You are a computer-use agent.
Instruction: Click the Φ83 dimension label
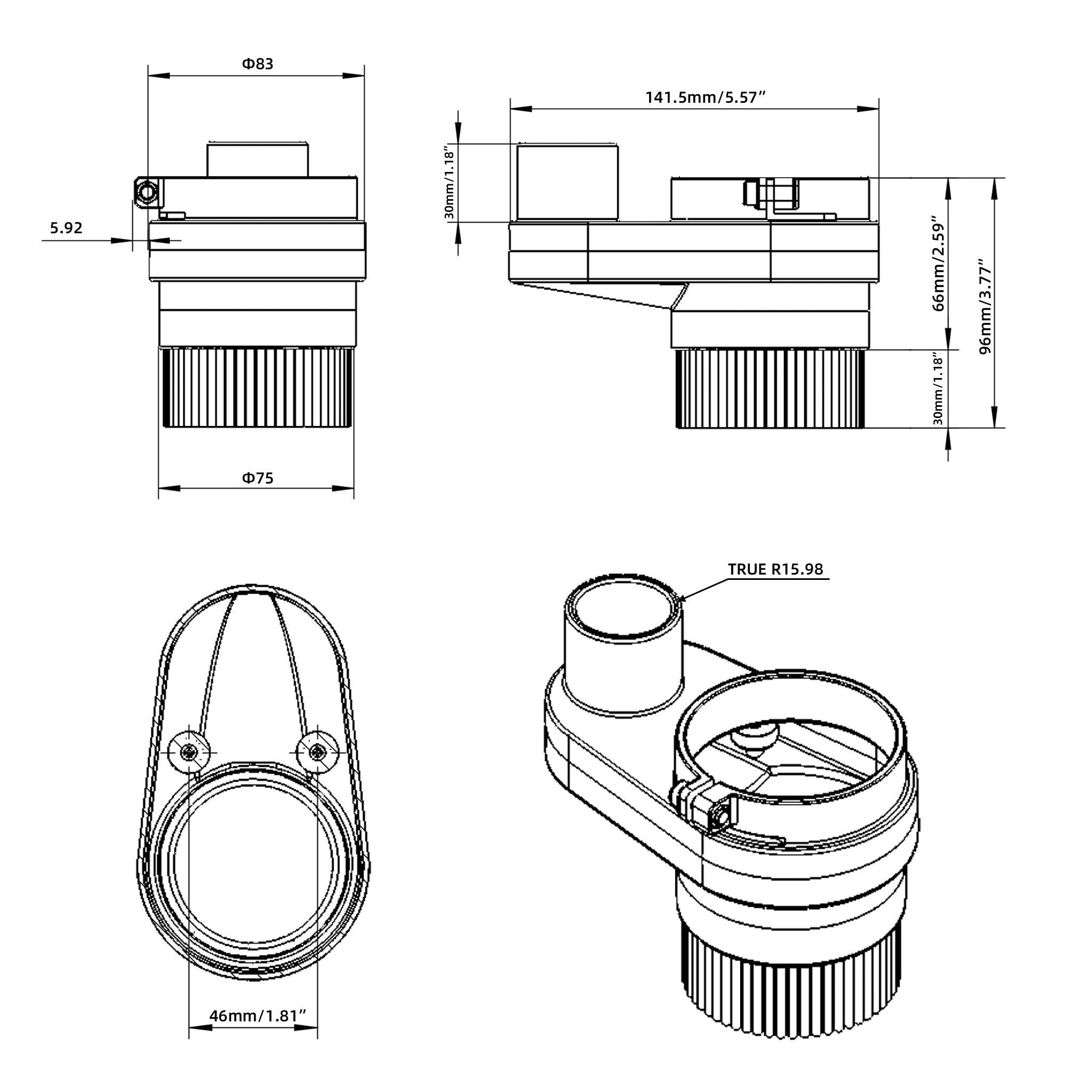[257, 64]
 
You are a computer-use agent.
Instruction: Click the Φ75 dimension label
[257, 478]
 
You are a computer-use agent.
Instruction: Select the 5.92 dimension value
[66, 228]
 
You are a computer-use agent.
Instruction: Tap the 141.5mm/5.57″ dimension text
[706, 97]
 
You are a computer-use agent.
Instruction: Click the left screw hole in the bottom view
[189, 752]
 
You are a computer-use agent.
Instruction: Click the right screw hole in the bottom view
[317, 751]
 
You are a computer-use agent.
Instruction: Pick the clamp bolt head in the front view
[148, 191]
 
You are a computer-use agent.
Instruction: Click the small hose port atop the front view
[257, 160]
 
